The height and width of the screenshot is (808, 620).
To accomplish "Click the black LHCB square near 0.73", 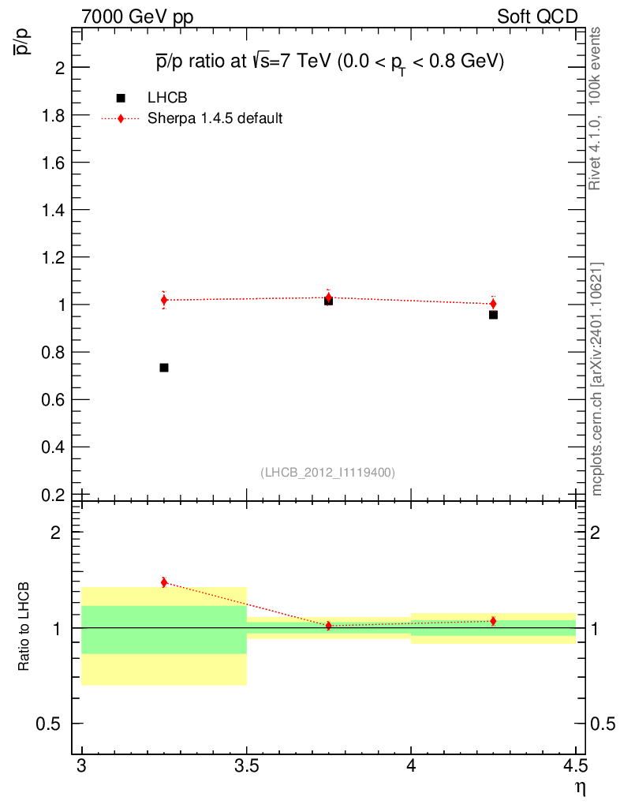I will point(164,368).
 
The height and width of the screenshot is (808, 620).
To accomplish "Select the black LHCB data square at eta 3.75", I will point(328,301).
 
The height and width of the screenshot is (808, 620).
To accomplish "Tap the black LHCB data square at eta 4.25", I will point(493,315).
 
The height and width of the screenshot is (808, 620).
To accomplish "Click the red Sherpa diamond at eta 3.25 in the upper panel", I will point(164,300).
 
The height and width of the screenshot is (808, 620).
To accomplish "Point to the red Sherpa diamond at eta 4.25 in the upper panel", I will point(493,304).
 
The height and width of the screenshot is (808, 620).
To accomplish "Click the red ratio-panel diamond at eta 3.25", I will point(164,582).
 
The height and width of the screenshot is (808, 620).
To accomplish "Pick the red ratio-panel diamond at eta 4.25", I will point(493,621).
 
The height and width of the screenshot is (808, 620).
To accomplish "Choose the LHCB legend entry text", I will point(167,98).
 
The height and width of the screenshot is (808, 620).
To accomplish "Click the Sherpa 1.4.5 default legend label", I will point(215,119).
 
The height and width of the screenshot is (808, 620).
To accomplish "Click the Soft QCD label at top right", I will point(537,17).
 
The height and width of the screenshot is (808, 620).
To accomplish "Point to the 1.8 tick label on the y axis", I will point(50,115).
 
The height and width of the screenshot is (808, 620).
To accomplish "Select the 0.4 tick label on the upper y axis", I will point(50,447).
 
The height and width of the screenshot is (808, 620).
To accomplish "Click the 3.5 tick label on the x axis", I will point(246,765).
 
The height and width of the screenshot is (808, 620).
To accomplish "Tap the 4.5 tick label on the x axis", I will point(575,765).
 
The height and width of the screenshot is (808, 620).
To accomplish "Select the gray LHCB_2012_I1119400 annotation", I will point(327,472).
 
